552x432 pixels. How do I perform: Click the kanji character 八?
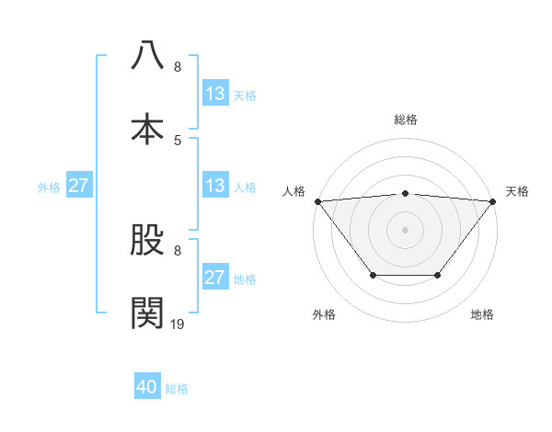[147, 55]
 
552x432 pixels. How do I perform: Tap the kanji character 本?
[147, 128]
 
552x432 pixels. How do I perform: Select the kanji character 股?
[147, 241]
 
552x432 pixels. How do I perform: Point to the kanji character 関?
[147, 313]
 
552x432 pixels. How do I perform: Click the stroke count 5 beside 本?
[178, 140]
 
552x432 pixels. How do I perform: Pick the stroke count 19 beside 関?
[178, 324]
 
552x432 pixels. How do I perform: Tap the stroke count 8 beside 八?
[178, 67]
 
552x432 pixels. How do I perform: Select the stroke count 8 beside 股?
[178, 250]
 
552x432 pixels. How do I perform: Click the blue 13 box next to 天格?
[215, 94]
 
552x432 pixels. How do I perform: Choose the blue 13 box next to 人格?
[215, 186]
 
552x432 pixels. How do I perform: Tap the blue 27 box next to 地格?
[215, 278]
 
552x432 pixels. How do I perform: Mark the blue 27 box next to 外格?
[78, 186]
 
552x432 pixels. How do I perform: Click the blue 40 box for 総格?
[147, 388]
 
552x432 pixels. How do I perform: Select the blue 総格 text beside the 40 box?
[177, 389]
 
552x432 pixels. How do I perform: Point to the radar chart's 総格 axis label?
[405, 119]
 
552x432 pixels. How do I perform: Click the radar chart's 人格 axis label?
[294, 191]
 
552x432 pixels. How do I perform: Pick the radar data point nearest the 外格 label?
[373, 275]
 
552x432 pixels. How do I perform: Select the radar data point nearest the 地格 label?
[438, 275]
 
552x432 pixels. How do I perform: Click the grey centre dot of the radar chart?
[405, 230]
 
